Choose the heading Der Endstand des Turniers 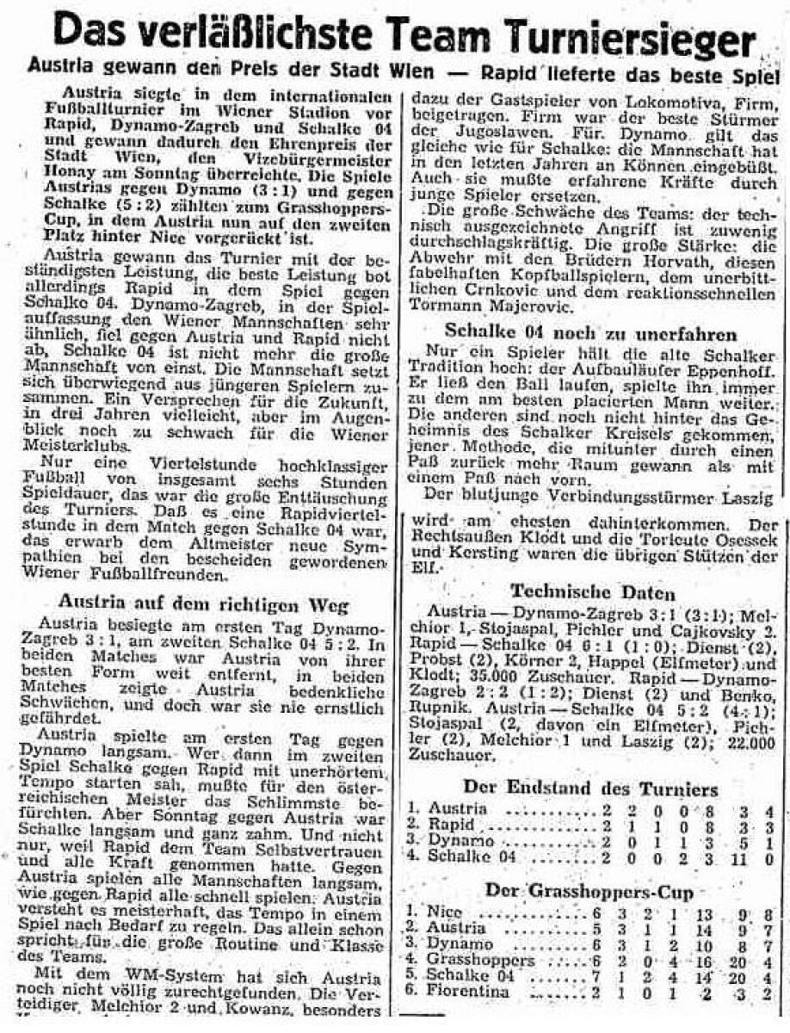(589, 787)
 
